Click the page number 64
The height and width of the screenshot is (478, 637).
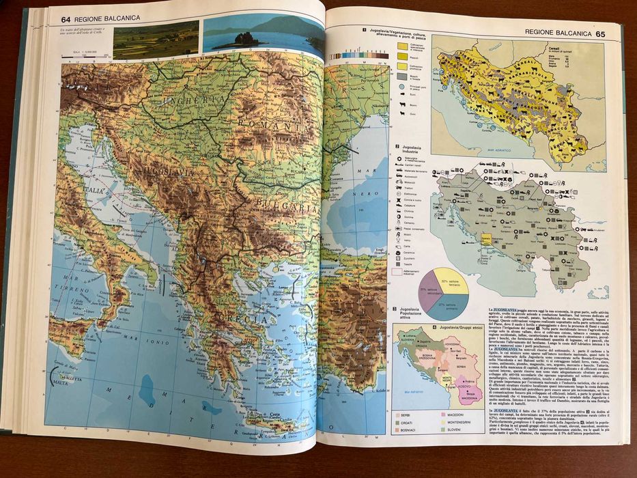pos(67,18)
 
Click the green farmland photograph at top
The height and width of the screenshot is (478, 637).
pos(156,40)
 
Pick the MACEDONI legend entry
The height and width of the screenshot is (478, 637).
pos(457,414)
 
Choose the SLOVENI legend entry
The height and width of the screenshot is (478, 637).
pos(457,431)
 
